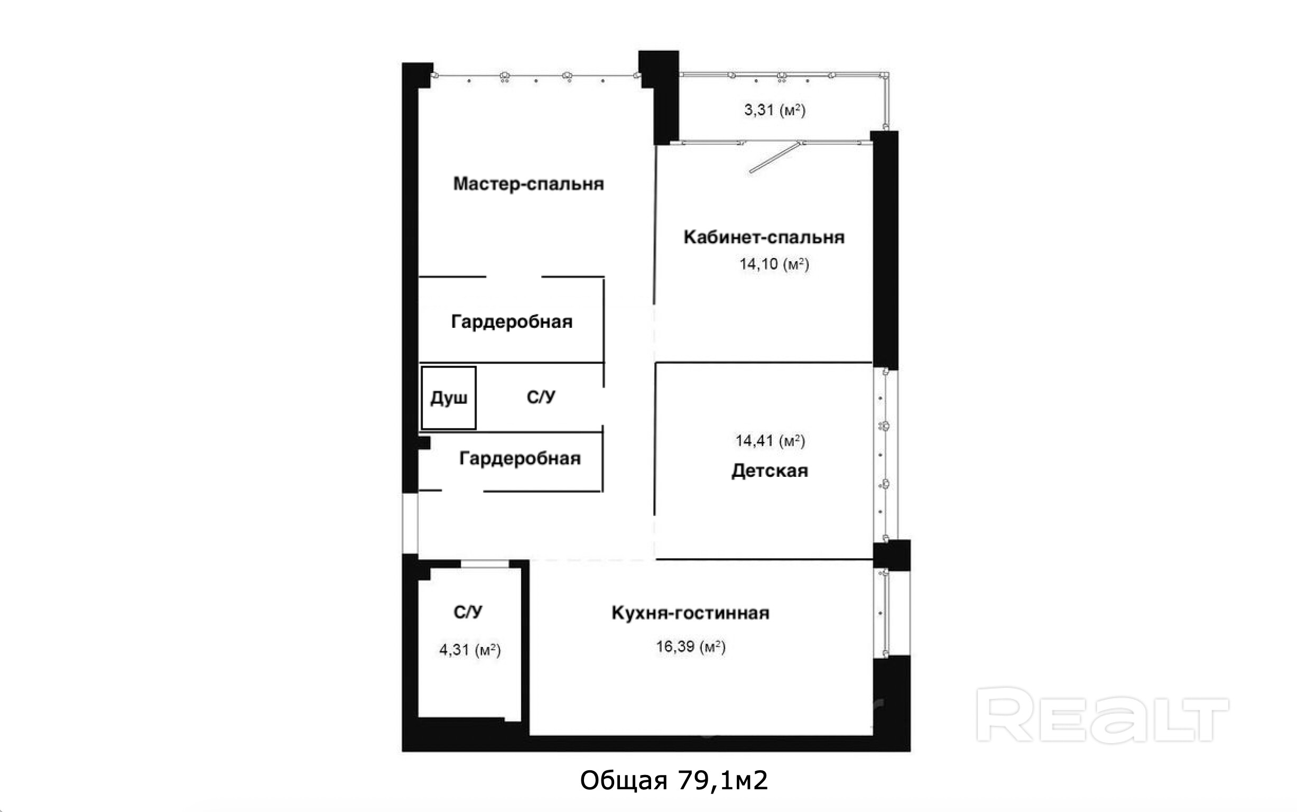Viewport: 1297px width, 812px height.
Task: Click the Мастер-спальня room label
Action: click(x=529, y=184)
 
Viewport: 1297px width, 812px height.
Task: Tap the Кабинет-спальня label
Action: click(x=764, y=237)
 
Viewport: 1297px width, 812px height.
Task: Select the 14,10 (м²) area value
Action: click(x=774, y=264)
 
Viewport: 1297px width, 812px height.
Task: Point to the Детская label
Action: click(x=770, y=471)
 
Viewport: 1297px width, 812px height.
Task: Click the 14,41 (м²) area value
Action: click(x=770, y=441)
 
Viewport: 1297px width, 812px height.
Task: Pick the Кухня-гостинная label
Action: click(x=690, y=613)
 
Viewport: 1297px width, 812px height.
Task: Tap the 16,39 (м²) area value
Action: click(x=691, y=647)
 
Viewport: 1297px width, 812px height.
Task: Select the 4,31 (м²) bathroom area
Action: click(x=470, y=650)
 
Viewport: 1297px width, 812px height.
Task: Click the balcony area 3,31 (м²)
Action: click(x=775, y=110)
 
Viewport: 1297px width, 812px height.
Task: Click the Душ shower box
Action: click(x=449, y=398)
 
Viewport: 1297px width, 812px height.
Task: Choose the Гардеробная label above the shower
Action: click(x=512, y=322)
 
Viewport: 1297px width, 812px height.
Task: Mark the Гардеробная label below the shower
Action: click(x=520, y=459)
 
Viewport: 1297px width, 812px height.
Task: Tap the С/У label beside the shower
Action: click(x=541, y=398)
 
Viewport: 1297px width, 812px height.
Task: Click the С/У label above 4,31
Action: click(x=468, y=612)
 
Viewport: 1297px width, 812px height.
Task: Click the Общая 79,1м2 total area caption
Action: click(x=674, y=780)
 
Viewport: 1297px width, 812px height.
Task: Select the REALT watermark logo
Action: click(x=1101, y=715)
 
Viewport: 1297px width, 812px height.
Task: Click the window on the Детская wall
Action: click(x=884, y=455)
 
